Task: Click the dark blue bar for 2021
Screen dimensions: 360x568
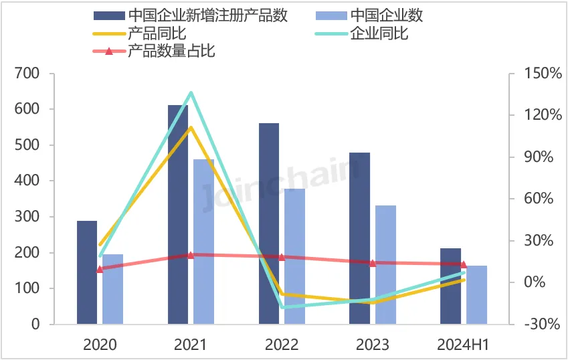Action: (x=178, y=214)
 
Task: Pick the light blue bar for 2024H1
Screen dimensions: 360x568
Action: (x=476, y=294)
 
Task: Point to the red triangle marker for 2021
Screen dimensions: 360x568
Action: (x=190, y=255)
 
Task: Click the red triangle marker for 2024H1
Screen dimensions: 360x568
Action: (x=463, y=264)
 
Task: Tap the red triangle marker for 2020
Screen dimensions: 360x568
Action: (x=100, y=269)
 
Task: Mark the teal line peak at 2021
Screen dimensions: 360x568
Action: (x=191, y=92)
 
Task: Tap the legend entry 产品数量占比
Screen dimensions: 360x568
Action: (x=171, y=50)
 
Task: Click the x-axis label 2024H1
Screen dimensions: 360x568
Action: (x=463, y=345)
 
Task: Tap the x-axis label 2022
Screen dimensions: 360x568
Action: (x=282, y=345)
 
